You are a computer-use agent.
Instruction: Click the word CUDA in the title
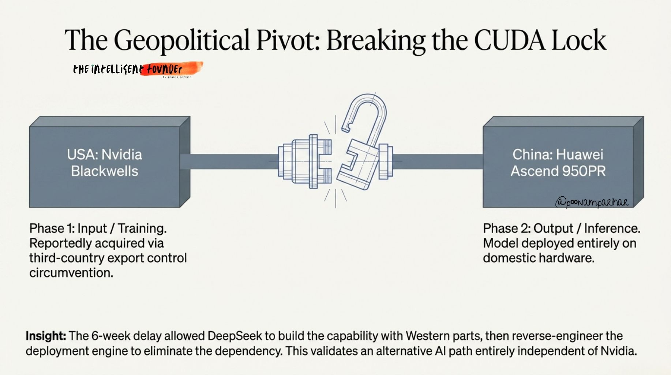[x=509, y=40]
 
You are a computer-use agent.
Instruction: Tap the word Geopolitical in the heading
[x=181, y=40]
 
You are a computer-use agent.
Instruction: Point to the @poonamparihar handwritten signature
[x=592, y=202]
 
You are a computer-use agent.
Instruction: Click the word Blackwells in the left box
[x=105, y=171]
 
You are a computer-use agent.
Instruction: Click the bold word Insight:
[x=46, y=336]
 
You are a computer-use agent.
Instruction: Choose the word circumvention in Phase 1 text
[x=71, y=273]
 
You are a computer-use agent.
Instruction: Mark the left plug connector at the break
[x=304, y=161]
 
